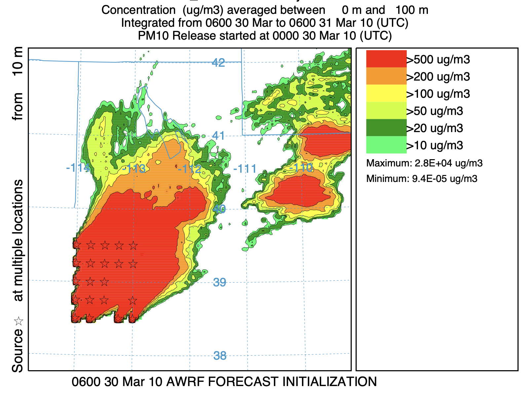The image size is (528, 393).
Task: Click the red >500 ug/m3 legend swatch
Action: (386, 59)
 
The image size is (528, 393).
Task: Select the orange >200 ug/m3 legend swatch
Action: (386, 76)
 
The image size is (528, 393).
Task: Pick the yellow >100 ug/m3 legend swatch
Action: (386, 93)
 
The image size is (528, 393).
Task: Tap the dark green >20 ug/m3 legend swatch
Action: (386, 128)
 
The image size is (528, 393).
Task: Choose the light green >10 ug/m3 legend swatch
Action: (386, 145)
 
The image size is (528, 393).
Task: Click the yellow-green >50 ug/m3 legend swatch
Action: (386, 111)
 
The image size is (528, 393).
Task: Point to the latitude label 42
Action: (218, 62)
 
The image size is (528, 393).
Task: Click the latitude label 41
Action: (218, 135)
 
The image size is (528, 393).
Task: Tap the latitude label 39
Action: (220, 282)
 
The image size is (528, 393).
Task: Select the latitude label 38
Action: (220, 356)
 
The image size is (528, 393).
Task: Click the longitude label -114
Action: (78, 168)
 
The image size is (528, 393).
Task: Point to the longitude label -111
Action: (245, 169)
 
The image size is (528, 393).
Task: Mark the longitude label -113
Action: (133, 169)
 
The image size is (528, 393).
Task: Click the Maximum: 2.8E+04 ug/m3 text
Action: (424, 163)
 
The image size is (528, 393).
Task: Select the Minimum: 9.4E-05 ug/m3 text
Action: (422, 179)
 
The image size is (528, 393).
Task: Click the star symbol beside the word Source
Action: (19, 321)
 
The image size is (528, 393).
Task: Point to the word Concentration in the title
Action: (138, 10)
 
